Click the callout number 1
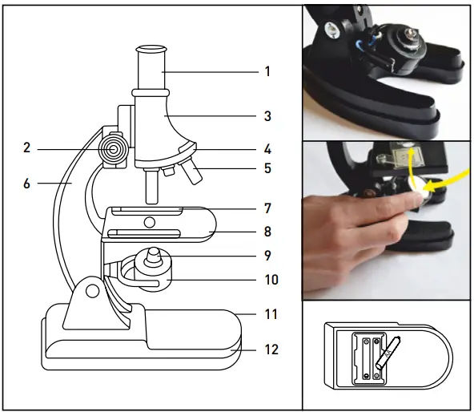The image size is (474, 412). pos(268,71)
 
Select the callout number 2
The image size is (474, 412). pos(26,147)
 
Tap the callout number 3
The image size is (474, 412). pos(268,116)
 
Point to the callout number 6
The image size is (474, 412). pos(26,184)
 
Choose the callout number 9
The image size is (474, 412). pos(268,256)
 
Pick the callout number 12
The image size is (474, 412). pos(270,349)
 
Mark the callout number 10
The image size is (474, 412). pos(271,280)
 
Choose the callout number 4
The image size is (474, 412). pos(268,149)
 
